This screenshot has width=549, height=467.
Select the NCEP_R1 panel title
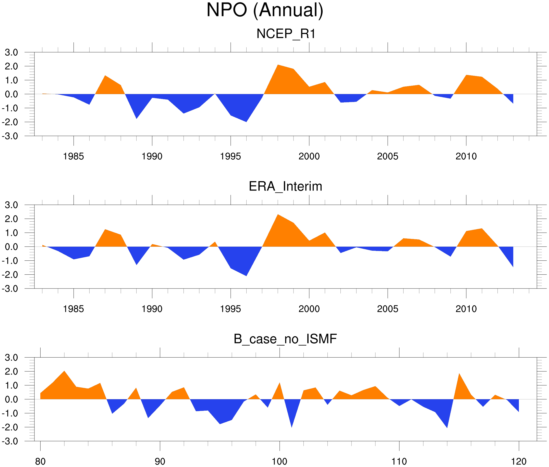click(286, 34)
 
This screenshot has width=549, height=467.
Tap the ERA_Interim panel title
click(285, 186)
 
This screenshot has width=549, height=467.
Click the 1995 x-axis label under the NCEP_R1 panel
click(230, 156)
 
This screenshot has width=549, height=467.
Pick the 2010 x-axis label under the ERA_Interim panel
click(466, 309)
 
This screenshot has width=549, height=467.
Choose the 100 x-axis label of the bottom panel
click(279, 461)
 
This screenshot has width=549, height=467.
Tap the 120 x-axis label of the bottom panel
click(519, 461)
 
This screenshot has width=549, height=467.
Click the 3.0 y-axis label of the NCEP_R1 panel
click(11, 53)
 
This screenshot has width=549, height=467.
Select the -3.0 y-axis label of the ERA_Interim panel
click(10, 288)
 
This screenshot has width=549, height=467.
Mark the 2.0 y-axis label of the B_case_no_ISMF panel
click(11, 371)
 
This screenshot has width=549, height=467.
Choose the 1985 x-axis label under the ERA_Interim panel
click(74, 309)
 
